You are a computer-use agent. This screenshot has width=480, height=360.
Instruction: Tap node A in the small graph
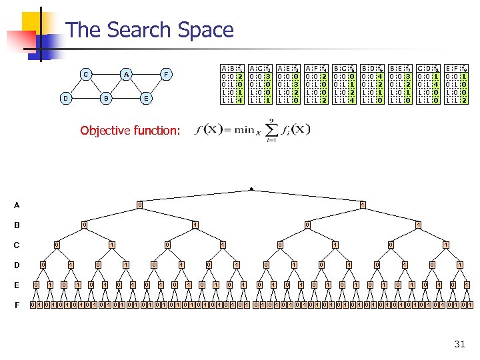tap(126, 74)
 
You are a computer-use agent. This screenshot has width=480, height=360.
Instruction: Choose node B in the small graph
tap(105, 98)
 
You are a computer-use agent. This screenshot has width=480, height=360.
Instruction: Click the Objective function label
tap(130, 131)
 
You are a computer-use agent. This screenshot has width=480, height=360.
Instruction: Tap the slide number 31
tap(459, 344)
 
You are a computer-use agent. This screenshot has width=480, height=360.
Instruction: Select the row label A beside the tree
tap(16, 205)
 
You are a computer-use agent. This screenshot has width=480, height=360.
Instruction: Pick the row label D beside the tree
tap(16, 266)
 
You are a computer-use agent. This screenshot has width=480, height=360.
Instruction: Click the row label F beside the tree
tap(16, 306)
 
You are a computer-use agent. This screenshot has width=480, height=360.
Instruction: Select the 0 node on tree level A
tap(139, 204)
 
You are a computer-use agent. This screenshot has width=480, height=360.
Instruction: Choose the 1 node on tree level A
tap(362, 204)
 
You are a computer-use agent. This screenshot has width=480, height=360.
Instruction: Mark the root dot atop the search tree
tap(251, 189)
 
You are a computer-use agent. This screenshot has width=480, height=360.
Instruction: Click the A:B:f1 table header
tap(231, 67)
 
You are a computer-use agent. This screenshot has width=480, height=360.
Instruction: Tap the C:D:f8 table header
tap(427, 67)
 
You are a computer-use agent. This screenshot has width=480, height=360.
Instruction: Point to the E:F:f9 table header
tap(455, 67)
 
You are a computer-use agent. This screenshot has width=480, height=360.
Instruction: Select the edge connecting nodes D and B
tap(85, 98)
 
